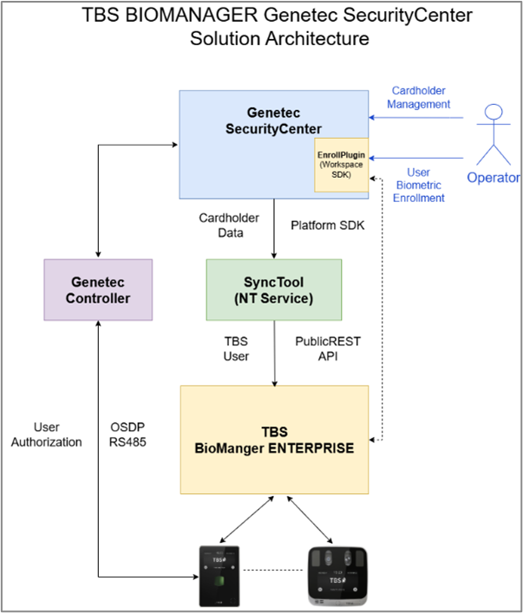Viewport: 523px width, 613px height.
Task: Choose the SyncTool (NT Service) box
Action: tap(273, 289)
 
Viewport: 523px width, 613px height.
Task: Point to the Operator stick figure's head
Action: tap(493, 112)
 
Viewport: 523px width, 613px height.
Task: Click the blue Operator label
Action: tap(494, 178)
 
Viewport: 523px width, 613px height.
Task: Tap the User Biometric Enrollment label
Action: tap(419, 185)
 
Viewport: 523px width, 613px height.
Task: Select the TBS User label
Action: tap(235, 349)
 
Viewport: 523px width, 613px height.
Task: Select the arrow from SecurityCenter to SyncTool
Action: tap(274, 229)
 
